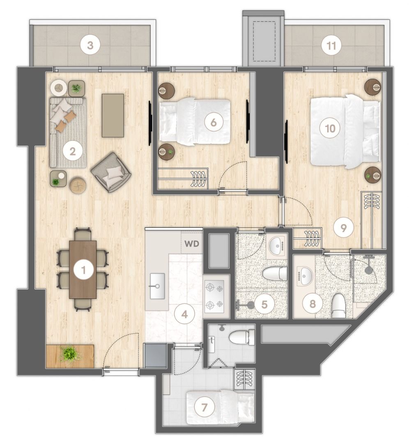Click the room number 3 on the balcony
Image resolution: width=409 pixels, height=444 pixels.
[91, 46]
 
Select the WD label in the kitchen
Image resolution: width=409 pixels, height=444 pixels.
[192, 243]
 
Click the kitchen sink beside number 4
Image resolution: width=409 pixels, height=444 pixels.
[157, 286]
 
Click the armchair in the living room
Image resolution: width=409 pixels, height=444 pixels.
[111, 172]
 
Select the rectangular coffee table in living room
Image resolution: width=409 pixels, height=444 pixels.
[113, 115]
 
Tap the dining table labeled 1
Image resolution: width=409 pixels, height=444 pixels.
[83, 270]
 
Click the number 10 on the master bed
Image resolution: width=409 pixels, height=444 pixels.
[330, 129]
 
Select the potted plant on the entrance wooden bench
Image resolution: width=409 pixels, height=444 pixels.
[69, 354]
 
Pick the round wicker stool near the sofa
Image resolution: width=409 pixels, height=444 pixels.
[78, 185]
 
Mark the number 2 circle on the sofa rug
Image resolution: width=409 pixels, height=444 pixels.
[73, 151]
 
